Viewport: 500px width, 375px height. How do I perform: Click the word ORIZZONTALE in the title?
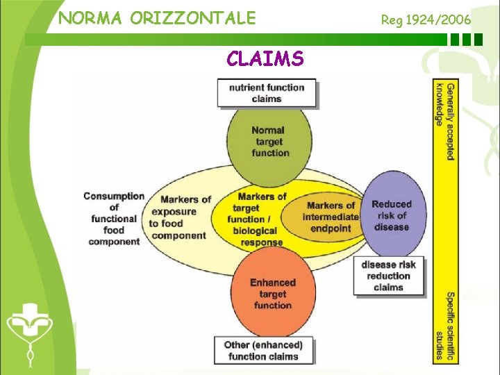point(194,18)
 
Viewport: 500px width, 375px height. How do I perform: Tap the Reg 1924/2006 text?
point(426,19)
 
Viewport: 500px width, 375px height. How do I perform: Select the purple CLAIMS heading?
point(265,59)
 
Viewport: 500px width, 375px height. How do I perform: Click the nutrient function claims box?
point(267,93)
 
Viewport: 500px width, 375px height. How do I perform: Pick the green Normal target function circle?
point(267,142)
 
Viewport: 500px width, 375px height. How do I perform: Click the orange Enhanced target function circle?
point(272,294)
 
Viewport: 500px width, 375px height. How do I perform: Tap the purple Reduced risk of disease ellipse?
point(392,215)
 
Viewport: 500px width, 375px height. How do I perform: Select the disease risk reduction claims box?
point(388,276)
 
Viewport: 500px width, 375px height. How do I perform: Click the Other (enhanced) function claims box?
point(263,351)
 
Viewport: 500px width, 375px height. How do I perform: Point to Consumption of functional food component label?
point(114,219)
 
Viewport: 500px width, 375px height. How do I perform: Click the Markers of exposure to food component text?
point(180,217)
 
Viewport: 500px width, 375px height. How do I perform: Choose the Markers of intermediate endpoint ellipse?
point(331,216)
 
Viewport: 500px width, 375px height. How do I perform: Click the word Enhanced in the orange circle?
point(273,283)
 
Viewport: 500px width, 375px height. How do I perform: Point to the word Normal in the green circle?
point(268,130)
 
